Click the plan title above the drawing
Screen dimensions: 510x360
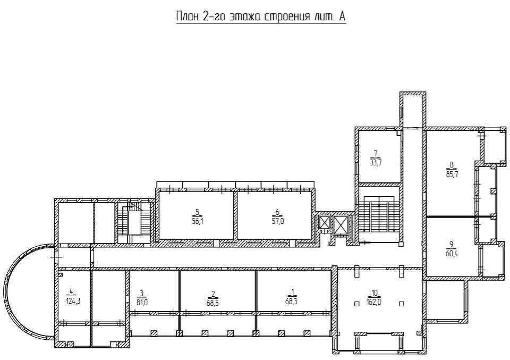[x=260, y=16]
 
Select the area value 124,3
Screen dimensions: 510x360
[x=73, y=301]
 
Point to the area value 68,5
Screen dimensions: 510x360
[x=213, y=302]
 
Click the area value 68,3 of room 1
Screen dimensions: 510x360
[x=292, y=302]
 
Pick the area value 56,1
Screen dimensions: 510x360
[x=198, y=221]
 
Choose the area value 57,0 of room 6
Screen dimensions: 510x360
[x=277, y=221]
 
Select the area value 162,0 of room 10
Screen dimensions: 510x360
[x=374, y=302]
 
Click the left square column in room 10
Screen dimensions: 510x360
[x=357, y=304]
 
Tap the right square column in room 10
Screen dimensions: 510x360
[x=402, y=304]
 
